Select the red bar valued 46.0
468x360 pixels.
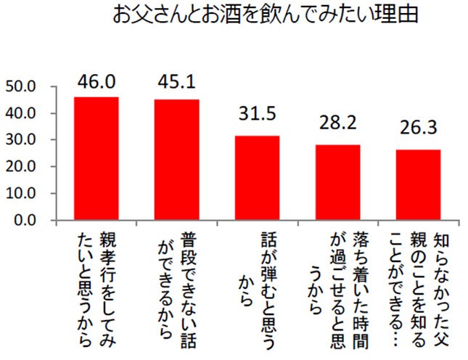[x=97, y=158]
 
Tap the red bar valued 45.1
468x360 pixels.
[x=176, y=160]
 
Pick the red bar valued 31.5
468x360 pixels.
[x=257, y=178]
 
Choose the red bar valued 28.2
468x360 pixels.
[x=337, y=182]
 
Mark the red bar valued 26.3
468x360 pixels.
[x=418, y=184]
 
